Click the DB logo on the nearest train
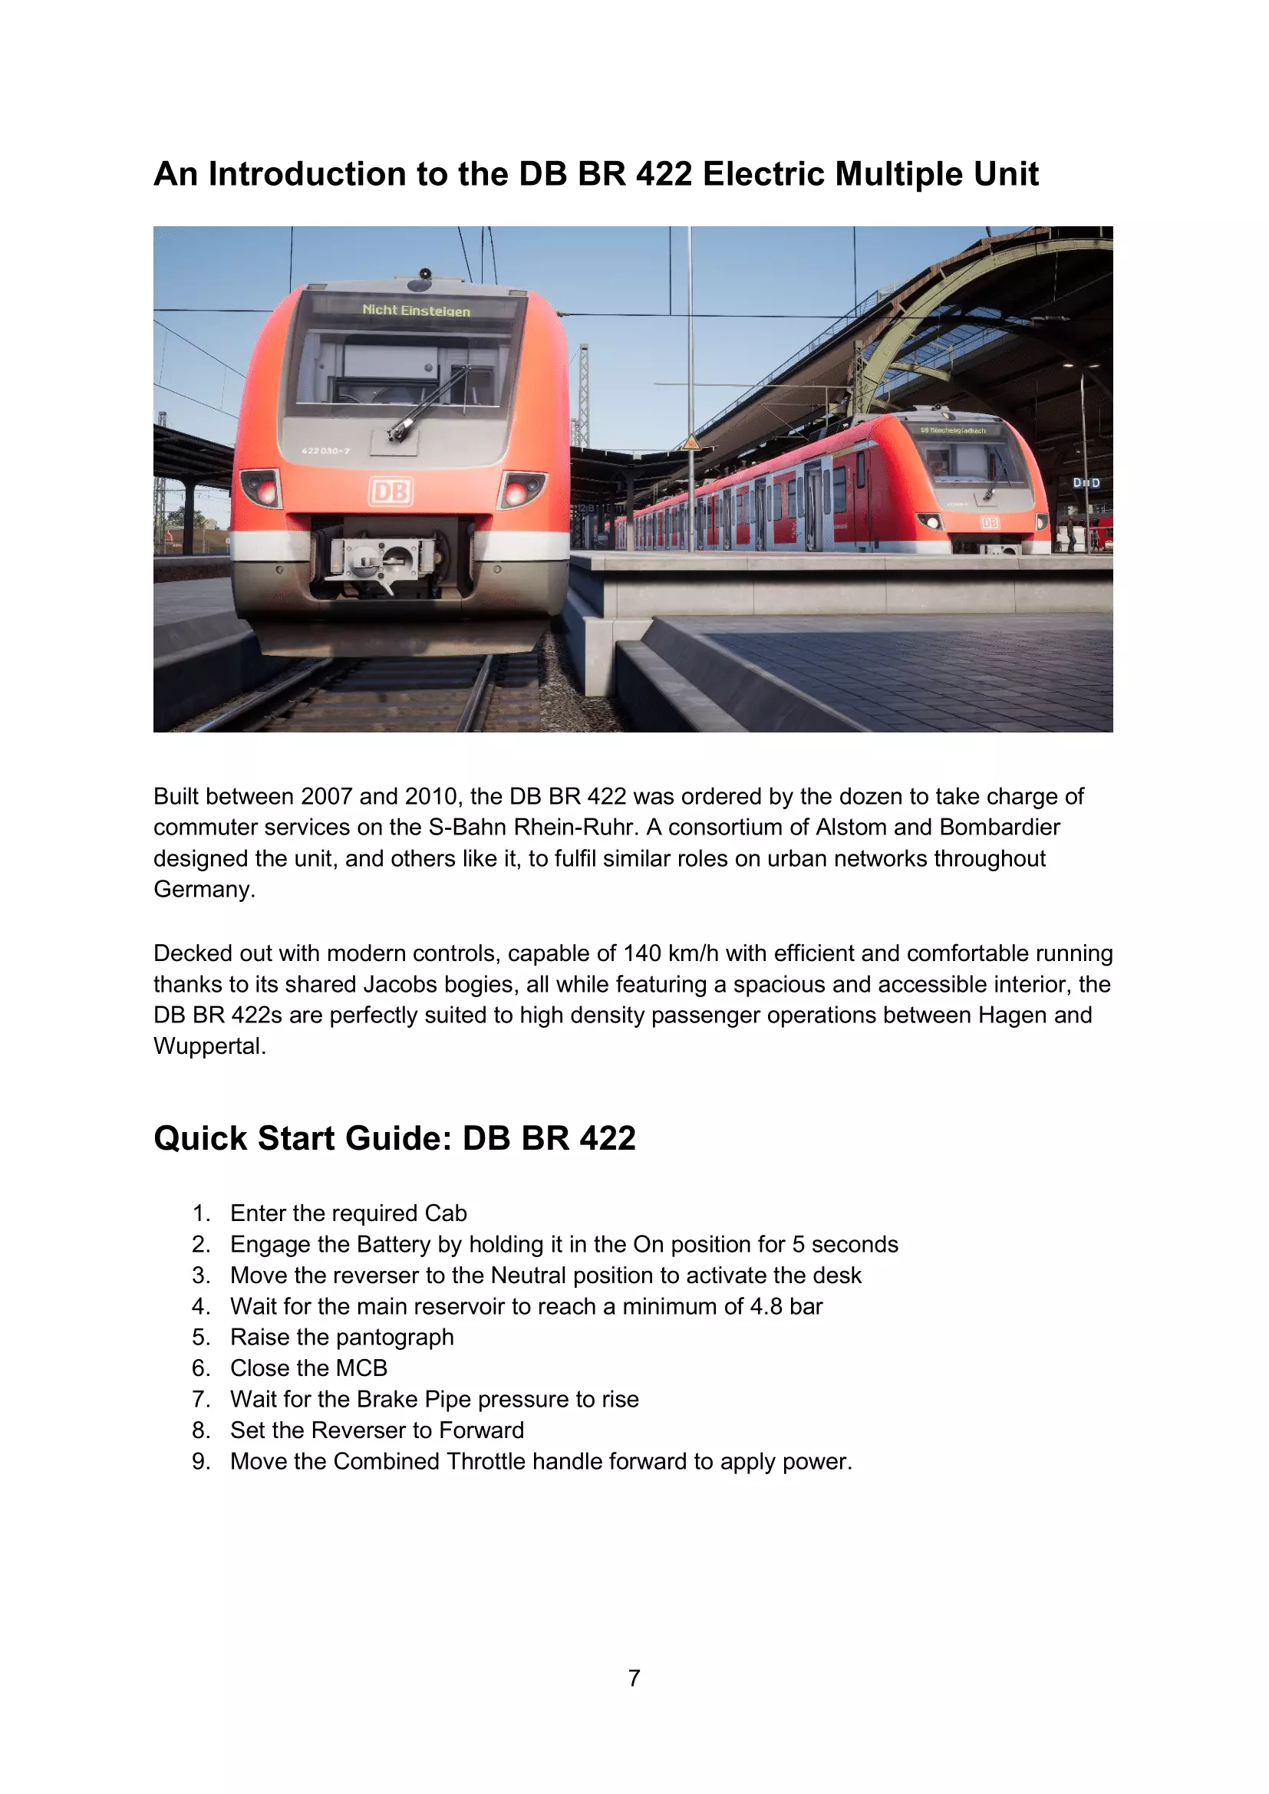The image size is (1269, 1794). click(x=391, y=491)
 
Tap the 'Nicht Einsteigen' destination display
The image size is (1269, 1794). click(x=416, y=310)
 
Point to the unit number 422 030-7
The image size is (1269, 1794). click(x=326, y=451)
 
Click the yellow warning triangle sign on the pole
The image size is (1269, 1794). click(x=691, y=443)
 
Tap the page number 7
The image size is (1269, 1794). click(x=634, y=1677)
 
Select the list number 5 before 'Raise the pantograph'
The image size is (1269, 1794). click(x=201, y=1337)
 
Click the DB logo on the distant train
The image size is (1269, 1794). click(x=989, y=523)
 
